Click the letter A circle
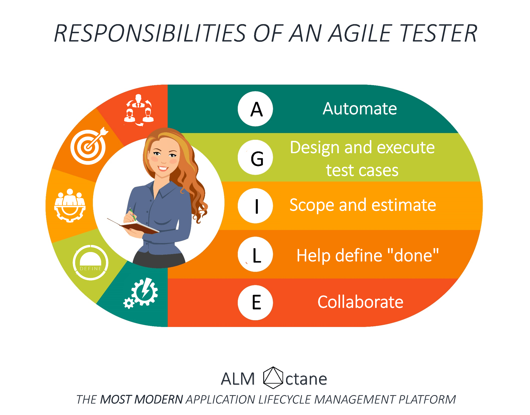click(255, 109)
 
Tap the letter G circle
click(255, 157)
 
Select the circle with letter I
click(255, 206)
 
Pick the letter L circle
click(255, 254)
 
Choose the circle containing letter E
click(255, 303)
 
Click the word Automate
click(360, 109)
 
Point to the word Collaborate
click(360, 302)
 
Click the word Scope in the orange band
click(312, 205)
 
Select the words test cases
click(362, 170)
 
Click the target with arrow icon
click(89, 146)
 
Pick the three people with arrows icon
click(138, 110)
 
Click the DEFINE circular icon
click(91, 262)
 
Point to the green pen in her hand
click(132, 215)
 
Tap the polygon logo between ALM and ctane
click(273, 378)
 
